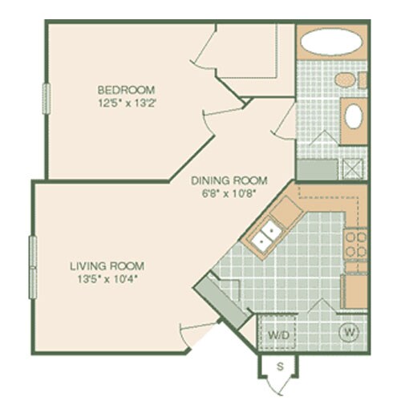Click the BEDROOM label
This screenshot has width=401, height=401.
coord(126,89)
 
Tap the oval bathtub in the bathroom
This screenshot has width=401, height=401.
coord(331,43)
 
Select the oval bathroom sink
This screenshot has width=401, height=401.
coord(353,116)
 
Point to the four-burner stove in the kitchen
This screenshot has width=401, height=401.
coord(355,245)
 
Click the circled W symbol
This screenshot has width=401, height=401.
coord(349,332)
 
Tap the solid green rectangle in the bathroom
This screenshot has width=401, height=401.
coord(317,169)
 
